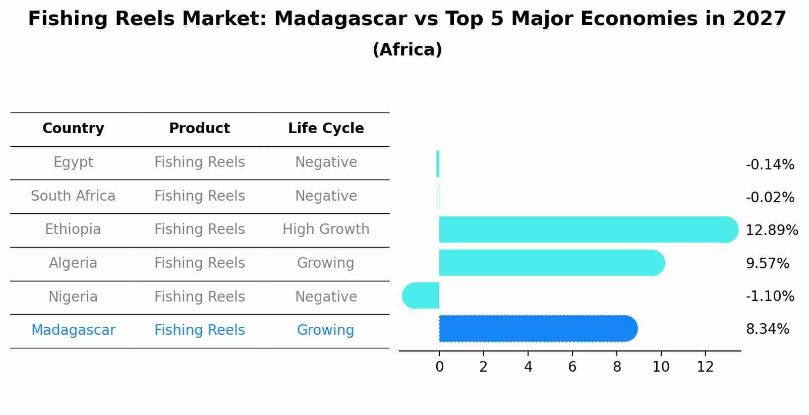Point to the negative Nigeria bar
[421, 295]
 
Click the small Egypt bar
[437, 164]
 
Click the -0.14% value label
[770, 165]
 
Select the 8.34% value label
[767, 329]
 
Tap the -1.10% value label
[770, 296]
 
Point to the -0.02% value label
[770, 198]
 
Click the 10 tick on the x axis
[661, 367]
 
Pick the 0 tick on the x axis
[439, 367]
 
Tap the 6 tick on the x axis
[572, 367]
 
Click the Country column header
[73, 129]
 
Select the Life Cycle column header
[326, 129]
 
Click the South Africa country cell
[73, 196]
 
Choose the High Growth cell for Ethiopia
[326, 229]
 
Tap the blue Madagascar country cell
[73, 330]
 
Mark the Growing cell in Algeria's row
[326, 263]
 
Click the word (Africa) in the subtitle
[407, 50]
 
